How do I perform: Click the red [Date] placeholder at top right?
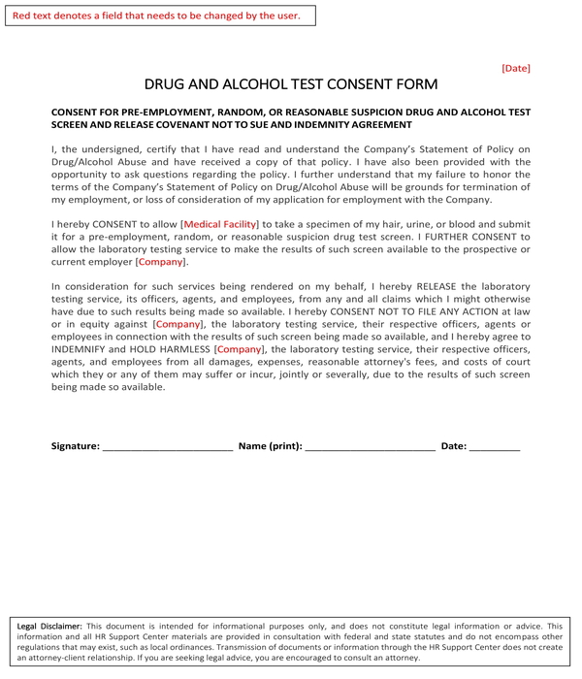point(515,68)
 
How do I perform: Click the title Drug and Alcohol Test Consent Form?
point(291,84)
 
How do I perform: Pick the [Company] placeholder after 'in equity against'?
point(178,324)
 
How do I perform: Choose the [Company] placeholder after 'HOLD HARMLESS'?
point(240,348)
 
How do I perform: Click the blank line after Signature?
point(167,447)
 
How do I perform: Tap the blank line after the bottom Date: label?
point(495,447)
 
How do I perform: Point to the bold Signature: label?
point(75,446)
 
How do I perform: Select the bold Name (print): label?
point(270,446)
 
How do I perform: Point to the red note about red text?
point(156,16)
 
